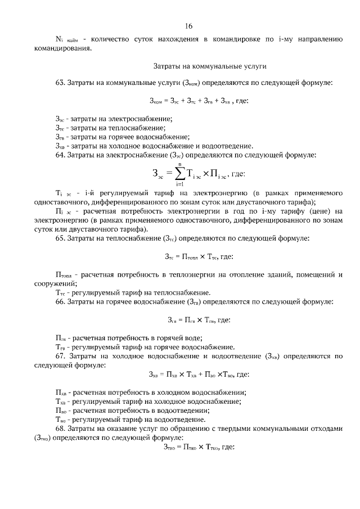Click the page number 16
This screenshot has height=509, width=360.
point(188,26)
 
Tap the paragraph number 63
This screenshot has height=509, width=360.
point(60,83)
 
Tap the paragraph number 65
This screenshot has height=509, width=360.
point(60,238)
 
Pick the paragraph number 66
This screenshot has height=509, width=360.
point(60,301)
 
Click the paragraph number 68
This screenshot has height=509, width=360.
point(60,428)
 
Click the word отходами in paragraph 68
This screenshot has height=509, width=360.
point(322,428)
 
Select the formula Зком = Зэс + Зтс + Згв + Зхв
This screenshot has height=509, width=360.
point(194,101)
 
